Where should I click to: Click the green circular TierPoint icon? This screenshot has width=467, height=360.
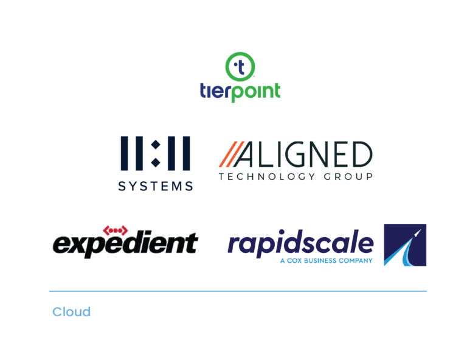[x=240, y=67]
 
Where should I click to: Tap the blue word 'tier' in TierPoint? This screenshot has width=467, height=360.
[x=213, y=91]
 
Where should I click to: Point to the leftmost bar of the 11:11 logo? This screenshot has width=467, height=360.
[x=123, y=153]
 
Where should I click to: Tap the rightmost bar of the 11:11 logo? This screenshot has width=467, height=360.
[x=186, y=153]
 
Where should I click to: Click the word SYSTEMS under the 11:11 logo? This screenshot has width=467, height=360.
[x=155, y=187]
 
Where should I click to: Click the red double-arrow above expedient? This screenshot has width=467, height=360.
[x=116, y=230]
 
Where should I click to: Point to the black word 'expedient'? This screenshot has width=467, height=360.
[x=125, y=244]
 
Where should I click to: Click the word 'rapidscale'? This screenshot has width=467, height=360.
[x=300, y=244]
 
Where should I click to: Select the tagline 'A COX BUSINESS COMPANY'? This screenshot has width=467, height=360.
[x=326, y=261]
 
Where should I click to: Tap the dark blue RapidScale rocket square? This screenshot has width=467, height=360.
[x=405, y=245]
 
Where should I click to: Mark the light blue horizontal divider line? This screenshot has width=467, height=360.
[x=238, y=291]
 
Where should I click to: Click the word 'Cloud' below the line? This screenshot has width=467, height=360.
[x=71, y=312]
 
